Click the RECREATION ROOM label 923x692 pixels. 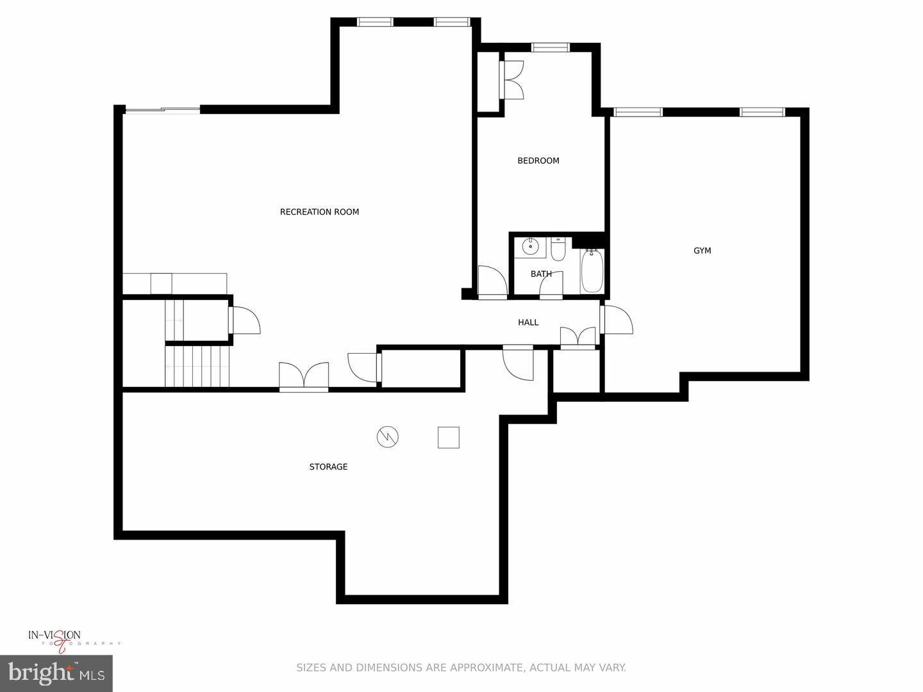319,212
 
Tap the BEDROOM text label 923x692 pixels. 538,161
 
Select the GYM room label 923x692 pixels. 703,251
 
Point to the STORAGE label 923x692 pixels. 328,467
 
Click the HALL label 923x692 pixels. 528,322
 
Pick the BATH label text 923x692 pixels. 541,274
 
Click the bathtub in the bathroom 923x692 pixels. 592,270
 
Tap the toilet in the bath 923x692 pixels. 558,249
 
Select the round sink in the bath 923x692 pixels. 530,246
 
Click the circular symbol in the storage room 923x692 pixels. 387,437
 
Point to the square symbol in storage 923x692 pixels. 449,437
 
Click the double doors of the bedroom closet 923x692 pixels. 512,79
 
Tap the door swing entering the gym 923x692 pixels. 617,320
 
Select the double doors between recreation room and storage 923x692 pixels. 304,376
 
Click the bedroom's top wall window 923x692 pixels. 551,47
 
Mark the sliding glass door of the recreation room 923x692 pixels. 163,110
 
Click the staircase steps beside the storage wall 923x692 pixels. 197,366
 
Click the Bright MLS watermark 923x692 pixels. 56,673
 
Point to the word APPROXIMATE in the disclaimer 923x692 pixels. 485,668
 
